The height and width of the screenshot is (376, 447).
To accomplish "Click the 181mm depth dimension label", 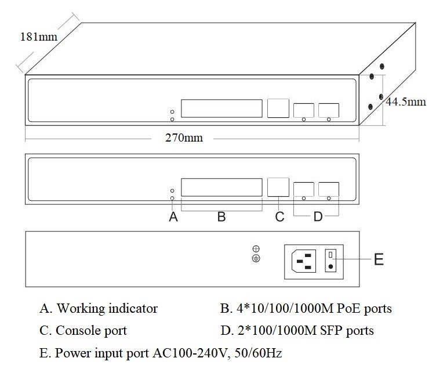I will click(x=39, y=37).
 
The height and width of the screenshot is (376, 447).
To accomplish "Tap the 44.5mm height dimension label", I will click(x=406, y=102).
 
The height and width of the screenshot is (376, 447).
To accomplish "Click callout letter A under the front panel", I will click(x=172, y=217).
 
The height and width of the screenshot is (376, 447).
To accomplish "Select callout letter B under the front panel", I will click(x=221, y=217).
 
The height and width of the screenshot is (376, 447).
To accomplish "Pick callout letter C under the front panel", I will click(x=279, y=217).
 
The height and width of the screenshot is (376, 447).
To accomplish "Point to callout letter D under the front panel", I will click(x=318, y=217).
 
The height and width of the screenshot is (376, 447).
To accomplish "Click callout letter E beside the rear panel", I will click(x=379, y=259).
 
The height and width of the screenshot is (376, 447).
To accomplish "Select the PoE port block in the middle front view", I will click(x=221, y=187).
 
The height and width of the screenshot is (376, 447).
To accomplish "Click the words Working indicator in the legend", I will click(x=107, y=308).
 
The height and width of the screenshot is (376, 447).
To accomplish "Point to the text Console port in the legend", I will click(x=91, y=331).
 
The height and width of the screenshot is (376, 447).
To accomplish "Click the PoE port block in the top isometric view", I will click(x=221, y=109).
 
